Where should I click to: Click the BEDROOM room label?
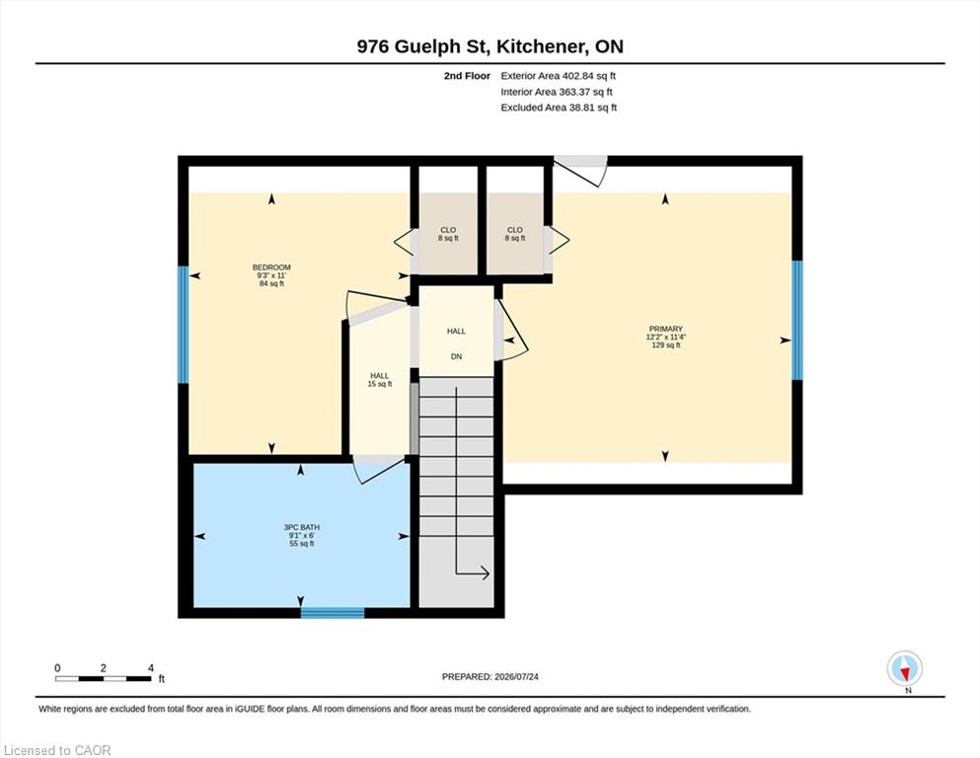[271, 267]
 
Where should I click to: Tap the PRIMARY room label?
[665, 329]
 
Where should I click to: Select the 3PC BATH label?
[301, 527]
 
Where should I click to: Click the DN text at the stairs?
[456, 357]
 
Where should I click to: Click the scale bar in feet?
[104, 678]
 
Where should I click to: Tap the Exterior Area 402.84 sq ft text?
[559, 76]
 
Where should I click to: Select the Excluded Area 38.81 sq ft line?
[559, 108]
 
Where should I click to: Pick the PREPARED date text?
[490, 676]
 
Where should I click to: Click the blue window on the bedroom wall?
[184, 325]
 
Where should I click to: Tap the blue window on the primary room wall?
[796, 320]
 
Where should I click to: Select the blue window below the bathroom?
[333, 613]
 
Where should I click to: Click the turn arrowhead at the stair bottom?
[485, 572]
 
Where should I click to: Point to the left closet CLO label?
[448, 230]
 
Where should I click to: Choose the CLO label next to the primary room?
[515, 230]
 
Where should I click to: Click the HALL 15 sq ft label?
[379, 380]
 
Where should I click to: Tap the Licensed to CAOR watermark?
[57, 750]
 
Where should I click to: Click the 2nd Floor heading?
[467, 76]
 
